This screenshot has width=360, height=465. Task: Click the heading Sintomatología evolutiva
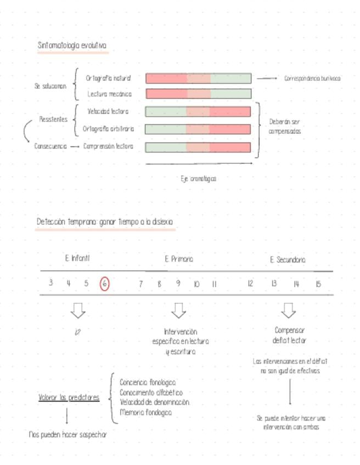click(72, 46)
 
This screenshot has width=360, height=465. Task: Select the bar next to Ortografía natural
click(198, 78)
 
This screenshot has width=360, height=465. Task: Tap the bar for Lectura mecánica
click(198, 94)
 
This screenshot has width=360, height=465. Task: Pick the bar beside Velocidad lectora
click(198, 112)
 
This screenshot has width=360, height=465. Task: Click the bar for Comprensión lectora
click(198, 147)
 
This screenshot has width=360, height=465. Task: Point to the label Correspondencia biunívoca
click(312, 78)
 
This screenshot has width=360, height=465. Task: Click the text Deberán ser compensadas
click(284, 127)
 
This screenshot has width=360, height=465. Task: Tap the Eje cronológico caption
click(198, 178)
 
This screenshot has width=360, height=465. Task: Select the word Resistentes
click(53, 119)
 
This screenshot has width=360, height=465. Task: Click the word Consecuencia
click(50, 146)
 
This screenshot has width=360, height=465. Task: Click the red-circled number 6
click(105, 284)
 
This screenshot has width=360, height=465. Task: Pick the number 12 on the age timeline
click(250, 284)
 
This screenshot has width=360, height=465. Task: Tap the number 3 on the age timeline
click(50, 283)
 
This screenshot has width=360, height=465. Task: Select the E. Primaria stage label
click(179, 259)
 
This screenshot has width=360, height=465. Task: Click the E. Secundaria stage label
click(288, 260)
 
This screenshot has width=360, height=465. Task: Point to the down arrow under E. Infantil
click(78, 310)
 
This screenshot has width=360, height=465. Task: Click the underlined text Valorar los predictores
click(69, 398)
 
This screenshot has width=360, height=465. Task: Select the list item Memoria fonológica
click(145, 412)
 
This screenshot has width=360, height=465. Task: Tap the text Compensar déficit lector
click(289, 336)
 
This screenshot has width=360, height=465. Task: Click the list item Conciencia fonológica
click(148, 382)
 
